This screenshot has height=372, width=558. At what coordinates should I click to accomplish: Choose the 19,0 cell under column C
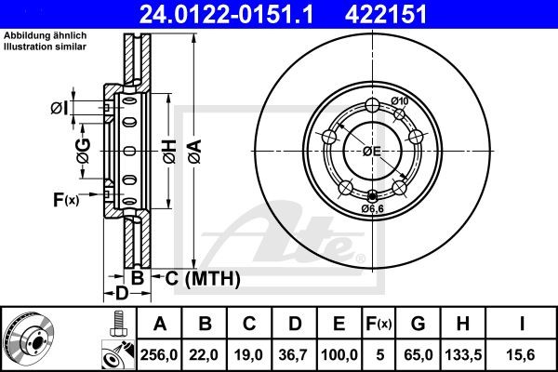(250, 354)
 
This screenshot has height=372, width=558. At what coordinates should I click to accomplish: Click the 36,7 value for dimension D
(295, 354)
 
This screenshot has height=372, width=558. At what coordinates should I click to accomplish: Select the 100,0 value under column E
(339, 354)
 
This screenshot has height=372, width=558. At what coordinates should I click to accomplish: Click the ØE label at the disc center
(372, 150)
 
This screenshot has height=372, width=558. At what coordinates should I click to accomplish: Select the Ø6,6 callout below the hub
(374, 208)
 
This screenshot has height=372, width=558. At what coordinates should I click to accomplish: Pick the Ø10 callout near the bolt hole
(400, 101)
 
